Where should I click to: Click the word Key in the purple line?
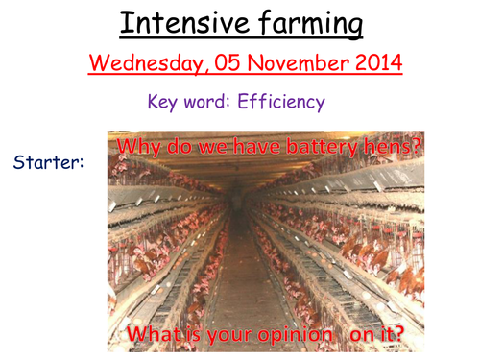[165, 102]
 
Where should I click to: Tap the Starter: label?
[49, 163]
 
